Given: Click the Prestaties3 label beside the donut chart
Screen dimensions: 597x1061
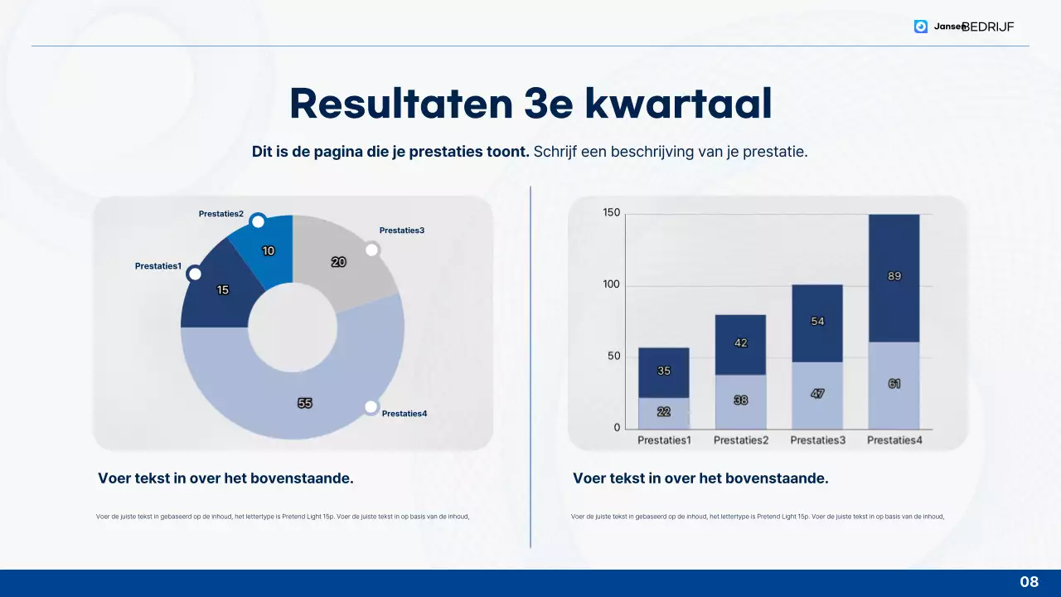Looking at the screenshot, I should (x=402, y=231).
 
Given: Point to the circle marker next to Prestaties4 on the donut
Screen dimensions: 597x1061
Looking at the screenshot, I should (x=371, y=406).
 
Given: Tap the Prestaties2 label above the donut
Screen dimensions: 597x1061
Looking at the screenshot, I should (x=221, y=214).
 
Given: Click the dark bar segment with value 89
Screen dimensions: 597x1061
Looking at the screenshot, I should (x=894, y=278).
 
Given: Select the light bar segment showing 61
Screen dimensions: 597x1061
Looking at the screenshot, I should (x=894, y=385).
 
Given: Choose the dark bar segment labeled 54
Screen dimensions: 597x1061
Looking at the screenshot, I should (x=817, y=323).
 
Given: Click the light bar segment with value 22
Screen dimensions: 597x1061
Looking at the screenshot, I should (x=664, y=412).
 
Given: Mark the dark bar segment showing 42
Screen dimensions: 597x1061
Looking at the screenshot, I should (x=741, y=344).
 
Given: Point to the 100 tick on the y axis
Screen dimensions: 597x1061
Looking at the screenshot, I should (x=611, y=285).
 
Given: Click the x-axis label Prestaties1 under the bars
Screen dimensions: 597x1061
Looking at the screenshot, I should (x=664, y=440).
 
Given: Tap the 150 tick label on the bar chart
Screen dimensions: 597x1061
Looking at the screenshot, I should (x=611, y=213).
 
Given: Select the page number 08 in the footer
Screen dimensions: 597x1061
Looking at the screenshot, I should (x=1029, y=582).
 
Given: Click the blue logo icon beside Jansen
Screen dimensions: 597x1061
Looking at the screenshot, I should (x=921, y=27).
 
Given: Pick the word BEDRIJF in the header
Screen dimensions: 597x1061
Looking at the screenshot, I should (x=988, y=27).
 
